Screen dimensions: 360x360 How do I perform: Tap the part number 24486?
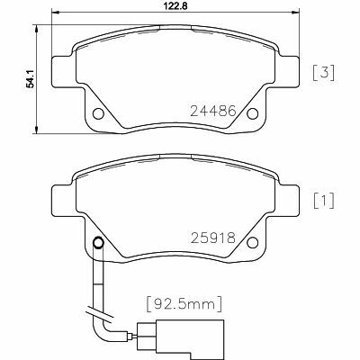click(x=213, y=111)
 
